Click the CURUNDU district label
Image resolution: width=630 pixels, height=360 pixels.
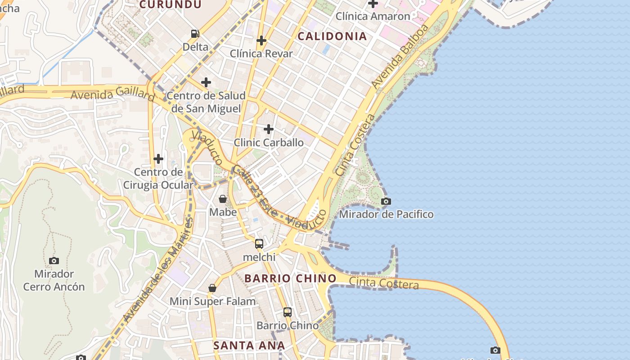pyautogui.click(x=170, y=4)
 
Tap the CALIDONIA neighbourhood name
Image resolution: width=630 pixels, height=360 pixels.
pyautogui.click(x=333, y=36)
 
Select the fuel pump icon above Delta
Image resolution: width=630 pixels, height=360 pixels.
pyautogui.click(x=195, y=33)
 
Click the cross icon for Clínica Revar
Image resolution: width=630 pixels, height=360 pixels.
pyautogui.click(x=261, y=41)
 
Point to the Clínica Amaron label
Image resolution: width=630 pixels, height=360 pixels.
pyautogui.click(x=373, y=17)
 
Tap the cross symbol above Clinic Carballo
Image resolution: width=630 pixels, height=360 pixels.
pyautogui.click(x=269, y=130)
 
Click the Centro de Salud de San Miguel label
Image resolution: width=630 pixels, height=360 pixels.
pyautogui.click(x=206, y=102)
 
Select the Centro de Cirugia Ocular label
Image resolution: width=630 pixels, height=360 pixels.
pyautogui.click(x=158, y=179)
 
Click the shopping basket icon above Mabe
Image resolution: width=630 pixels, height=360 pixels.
pyautogui.click(x=223, y=199)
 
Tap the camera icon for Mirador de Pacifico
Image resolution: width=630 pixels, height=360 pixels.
pyautogui.click(x=386, y=201)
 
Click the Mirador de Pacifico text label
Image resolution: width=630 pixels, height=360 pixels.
pyautogui.click(x=386, y=215)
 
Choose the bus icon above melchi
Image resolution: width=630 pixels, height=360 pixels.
pyautogui.click(x=259, y=244)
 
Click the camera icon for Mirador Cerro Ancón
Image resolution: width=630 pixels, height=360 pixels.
pyautogui.click(x=54, y=261)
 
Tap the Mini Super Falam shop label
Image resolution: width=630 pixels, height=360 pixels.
pyautogui.click(x=213, y=301)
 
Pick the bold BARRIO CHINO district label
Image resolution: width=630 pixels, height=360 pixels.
pyautogui.click(x=290, y=279)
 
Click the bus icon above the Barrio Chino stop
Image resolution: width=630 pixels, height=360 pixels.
pyautogui.click(x=287, y=312)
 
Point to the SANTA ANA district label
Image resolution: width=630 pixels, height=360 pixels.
pyautogui.click(x=249, y=346)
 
